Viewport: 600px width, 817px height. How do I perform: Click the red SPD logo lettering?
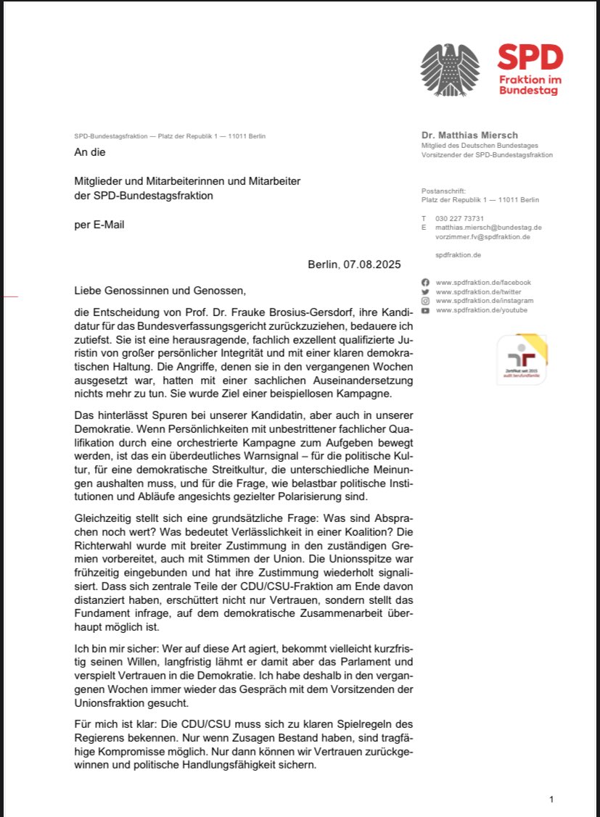pyautogui.click(x=530, y=57)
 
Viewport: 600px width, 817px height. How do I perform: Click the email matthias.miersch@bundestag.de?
pyautogui.click(x=488, y=227)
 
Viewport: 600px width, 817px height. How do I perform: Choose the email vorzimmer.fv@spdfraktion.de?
pyautogui.click(x=482, y=236)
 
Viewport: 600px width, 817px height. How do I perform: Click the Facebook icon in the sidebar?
pyautogui.click(x=425, y=281)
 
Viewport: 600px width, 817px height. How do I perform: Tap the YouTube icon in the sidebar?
pyautogui.click(x=425, y=310)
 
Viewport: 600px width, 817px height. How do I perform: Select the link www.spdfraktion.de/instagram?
pyautogui.click(x=484, y=301)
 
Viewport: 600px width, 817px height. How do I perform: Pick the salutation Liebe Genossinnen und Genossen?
pyautogui.click(x=160, y=291)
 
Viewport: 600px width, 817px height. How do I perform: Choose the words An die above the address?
pyautogui.click(x=90, y=152)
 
